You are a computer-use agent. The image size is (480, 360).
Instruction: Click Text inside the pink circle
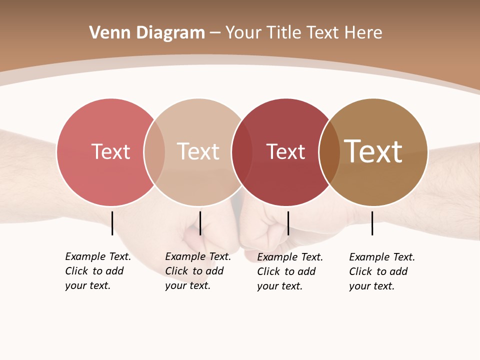tap(110, 152)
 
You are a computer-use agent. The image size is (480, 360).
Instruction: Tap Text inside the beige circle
tap(198, 152)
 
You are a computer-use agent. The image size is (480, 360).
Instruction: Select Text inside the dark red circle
tap(285, 152)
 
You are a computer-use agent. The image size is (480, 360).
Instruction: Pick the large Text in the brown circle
tap(373, 151)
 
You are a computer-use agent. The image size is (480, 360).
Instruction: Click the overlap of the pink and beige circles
tap(154, 152)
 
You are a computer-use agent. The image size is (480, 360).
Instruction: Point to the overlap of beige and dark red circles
tap(242, 152)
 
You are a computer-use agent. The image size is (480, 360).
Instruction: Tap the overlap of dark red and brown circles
tap(329, 152)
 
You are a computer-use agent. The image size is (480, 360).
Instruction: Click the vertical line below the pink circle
tap(112, 223)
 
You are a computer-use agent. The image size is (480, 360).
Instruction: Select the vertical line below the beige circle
tap(200, 223)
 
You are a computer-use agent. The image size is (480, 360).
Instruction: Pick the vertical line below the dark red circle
tap(288, 223)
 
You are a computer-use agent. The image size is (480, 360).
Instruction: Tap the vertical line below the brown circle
tap(372, 223)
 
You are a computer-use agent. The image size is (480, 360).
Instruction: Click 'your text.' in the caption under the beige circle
tap(187, 286)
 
